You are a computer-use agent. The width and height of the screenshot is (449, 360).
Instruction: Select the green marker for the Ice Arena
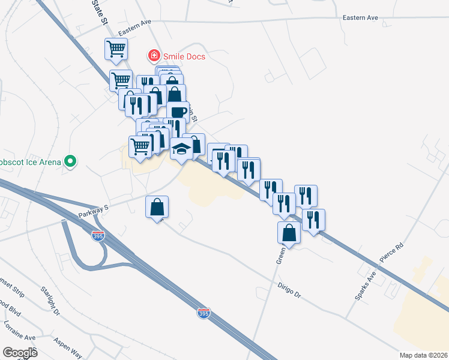(71, 161)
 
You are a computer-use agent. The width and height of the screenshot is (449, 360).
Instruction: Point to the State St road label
(99, 12)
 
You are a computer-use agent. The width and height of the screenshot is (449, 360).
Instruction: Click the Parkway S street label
(93, 211)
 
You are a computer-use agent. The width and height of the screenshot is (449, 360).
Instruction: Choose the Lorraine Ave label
(19, 331)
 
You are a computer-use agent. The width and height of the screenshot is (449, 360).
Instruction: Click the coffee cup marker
(178, 112)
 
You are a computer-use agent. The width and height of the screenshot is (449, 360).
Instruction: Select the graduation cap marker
(181, 148)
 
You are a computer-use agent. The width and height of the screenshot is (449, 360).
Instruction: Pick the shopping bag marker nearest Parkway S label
(157, 207)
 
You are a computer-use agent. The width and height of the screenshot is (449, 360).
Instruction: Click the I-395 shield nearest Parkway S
(98, 236)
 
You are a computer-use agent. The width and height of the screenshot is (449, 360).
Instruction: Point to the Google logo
(20, 353)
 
